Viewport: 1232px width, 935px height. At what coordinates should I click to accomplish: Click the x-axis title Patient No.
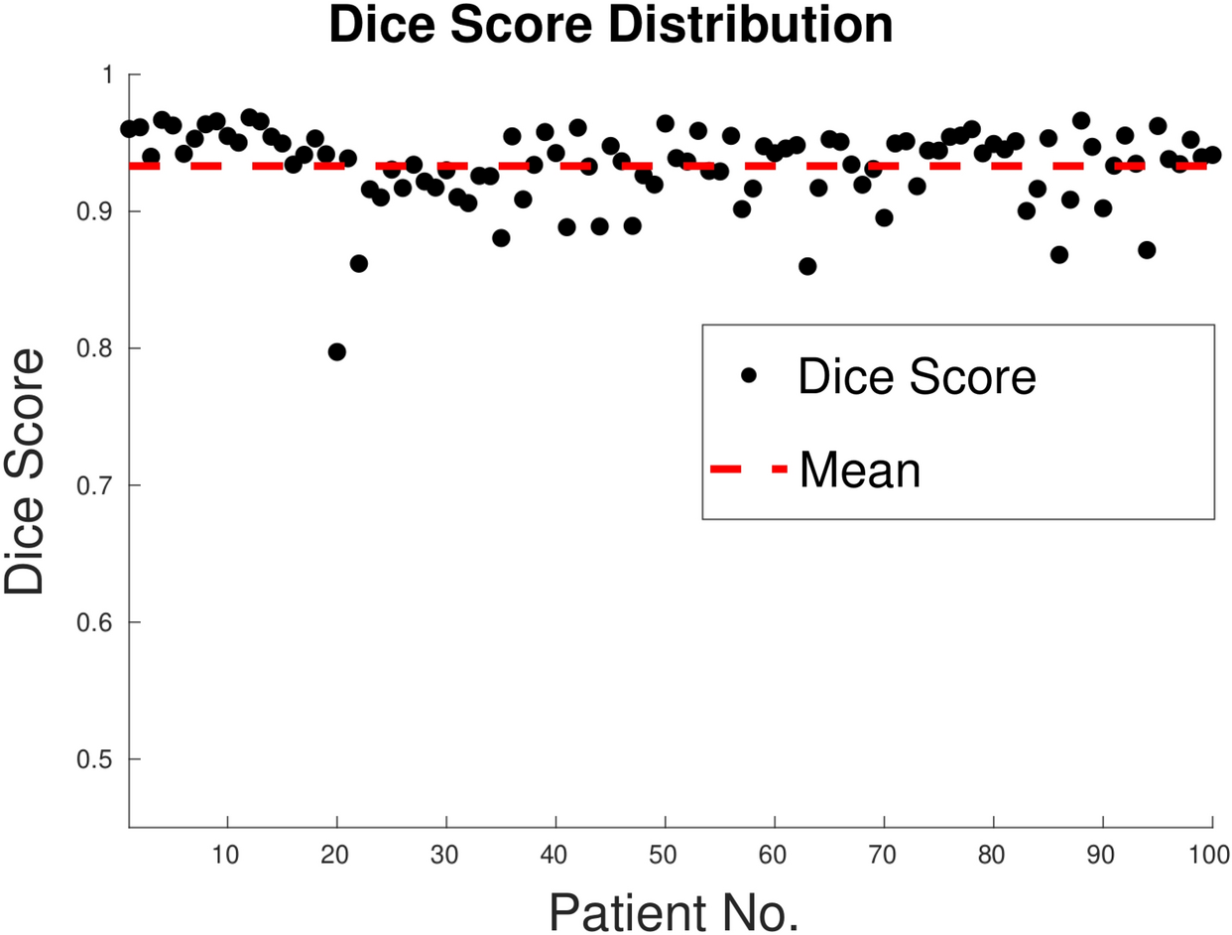coord(674,911)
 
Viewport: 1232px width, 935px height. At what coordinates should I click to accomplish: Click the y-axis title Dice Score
coord(25,470)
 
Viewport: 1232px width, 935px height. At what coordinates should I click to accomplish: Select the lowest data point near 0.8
coord(337,351)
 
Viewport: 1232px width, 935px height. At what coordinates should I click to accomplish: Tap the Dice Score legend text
coord(917,377)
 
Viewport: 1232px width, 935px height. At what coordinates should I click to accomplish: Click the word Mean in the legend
coord(859,469)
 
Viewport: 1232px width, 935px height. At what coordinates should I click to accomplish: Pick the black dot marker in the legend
coord(749,375)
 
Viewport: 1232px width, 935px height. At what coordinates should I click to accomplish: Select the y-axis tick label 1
coord(110,74)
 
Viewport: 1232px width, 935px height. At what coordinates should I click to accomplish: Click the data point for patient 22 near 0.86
coord(359,263)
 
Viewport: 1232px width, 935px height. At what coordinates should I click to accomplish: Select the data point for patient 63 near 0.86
coord(807,266)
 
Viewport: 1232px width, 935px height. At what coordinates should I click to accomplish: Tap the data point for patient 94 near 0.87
coord(1147,249)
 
